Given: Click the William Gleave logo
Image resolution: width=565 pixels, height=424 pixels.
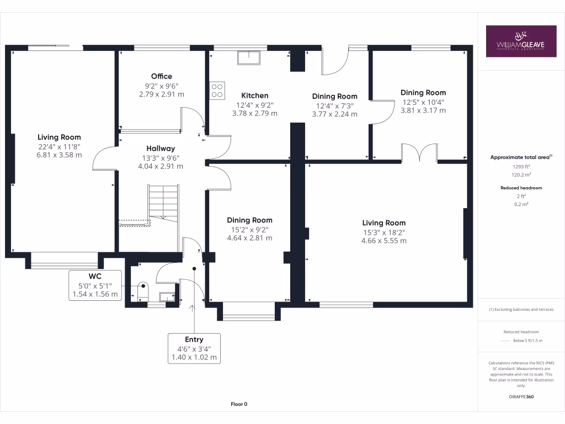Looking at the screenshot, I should point(521,41).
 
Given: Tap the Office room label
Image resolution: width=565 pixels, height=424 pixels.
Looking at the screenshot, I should point(162,76).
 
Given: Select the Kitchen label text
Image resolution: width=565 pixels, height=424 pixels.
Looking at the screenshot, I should point(254,96).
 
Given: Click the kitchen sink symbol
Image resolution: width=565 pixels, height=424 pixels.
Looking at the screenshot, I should point(249,57).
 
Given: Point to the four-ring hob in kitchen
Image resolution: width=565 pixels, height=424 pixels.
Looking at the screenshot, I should point(217,91).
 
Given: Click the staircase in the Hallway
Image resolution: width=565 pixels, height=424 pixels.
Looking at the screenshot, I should point(163,203).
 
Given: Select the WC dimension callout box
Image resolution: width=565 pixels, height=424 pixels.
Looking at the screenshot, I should point(95,285).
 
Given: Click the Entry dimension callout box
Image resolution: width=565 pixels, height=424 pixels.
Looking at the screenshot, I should point(194,348).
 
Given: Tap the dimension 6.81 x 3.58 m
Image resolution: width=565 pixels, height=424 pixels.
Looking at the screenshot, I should point(59,155).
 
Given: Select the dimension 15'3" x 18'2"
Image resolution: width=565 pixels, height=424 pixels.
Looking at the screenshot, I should point(384,232).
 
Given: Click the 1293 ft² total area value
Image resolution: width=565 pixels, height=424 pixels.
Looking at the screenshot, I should point(521,166).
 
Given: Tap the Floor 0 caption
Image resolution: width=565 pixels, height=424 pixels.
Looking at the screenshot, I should point(239,404).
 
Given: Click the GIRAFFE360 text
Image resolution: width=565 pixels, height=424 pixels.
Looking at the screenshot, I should point(521,397).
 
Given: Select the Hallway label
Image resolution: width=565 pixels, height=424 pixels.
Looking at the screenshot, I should point(161,148).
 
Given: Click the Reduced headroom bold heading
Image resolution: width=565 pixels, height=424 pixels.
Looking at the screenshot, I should point(521,188).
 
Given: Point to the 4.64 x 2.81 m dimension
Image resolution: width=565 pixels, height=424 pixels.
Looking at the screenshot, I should point(250,239).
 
